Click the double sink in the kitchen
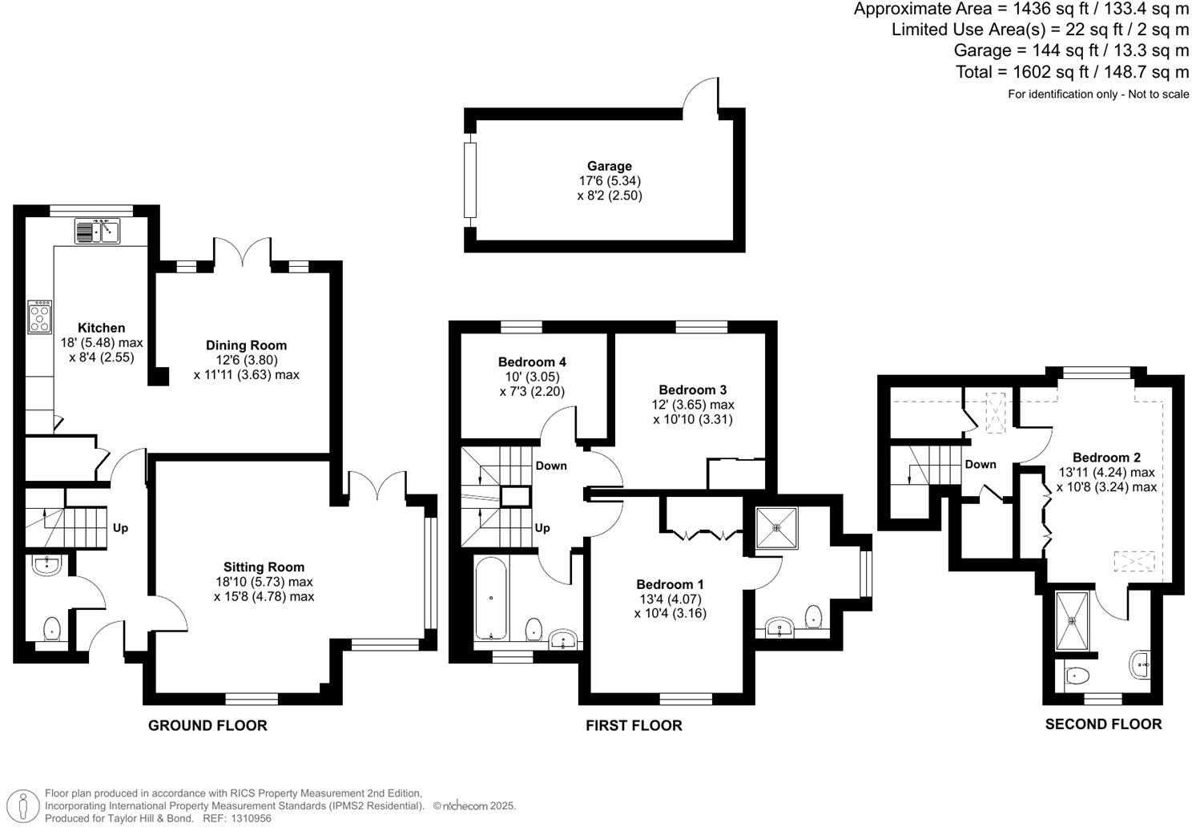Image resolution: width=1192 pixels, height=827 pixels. (97, 232)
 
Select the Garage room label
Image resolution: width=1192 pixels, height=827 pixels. (610, 167)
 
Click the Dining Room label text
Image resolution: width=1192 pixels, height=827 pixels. (246, 345)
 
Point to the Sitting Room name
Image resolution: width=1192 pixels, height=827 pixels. (264, 567)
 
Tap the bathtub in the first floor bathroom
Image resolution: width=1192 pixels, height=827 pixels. (489, 599)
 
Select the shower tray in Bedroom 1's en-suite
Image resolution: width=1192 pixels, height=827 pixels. (776, 527)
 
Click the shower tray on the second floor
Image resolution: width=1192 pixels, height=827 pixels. (1072, 621)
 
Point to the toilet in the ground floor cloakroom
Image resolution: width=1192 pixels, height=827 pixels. (52, 628)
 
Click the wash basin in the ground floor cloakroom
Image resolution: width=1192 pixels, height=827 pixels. (47, 566)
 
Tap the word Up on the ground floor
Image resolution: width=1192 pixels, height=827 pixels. (120, 528)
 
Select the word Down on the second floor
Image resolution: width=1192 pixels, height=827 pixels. (980, 465)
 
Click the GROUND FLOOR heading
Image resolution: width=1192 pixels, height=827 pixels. (207, 726)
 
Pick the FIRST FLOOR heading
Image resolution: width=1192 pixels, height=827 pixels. (634, 726)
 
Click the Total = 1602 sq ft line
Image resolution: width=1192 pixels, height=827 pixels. (1072, 72)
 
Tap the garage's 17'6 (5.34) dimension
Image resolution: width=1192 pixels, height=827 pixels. (610, 181)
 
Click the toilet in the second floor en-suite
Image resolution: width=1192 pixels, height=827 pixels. (1078, 676)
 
